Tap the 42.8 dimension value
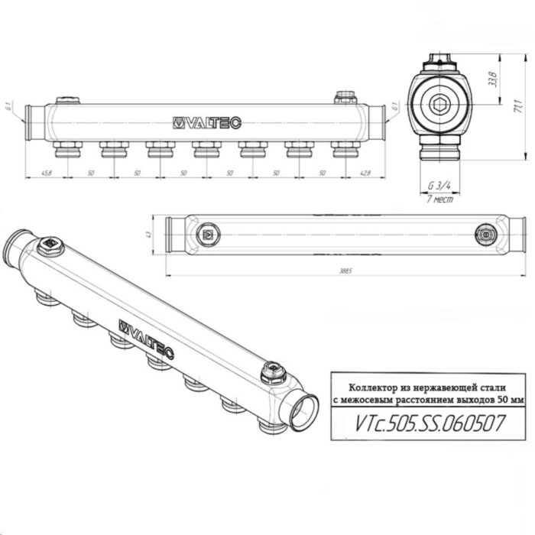[365, 173]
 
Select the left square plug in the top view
[209, 234]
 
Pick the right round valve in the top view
[484, 234]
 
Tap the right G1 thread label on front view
[395, 107]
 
